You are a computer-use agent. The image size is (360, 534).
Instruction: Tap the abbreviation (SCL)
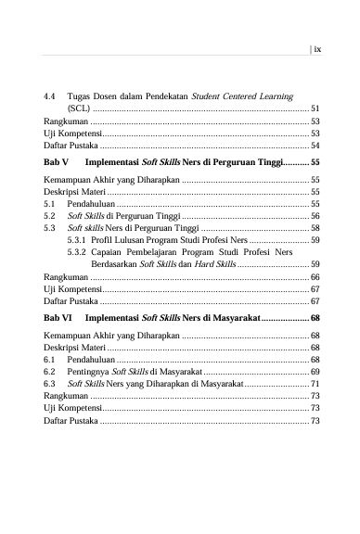pos(79,108)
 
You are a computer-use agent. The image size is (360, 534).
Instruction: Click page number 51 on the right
pos(315,108)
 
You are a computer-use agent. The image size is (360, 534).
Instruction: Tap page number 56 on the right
pos(315,213)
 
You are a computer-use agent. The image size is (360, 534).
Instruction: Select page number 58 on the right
pos(315,226)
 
